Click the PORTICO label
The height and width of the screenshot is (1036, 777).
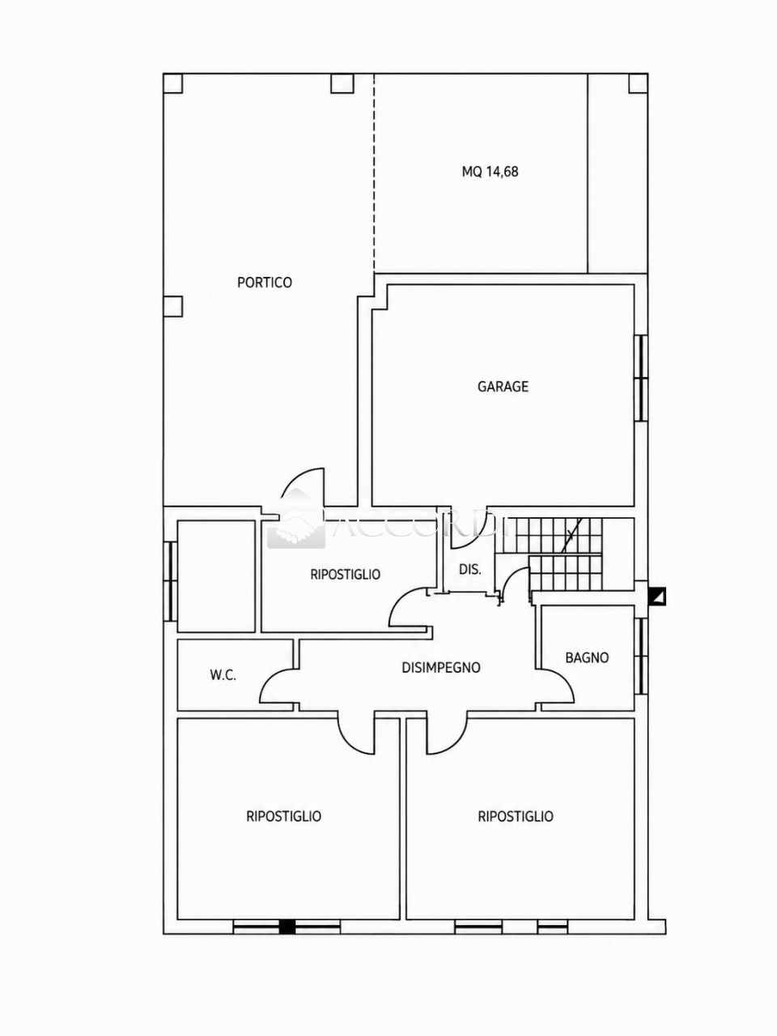[x=264, y=282]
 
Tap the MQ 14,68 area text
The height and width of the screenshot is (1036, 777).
[x=490, y=172]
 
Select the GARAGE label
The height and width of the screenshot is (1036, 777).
[x=503, y=387]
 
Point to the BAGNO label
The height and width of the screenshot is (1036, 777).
[x=587, y=657]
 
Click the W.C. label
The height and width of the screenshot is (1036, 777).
[x=223, y=675]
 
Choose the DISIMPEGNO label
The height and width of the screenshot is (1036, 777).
[x=441, y=668]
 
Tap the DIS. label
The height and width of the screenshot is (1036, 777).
[x=470, y=570]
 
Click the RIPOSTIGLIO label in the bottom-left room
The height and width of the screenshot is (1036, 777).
[x=283, y=816]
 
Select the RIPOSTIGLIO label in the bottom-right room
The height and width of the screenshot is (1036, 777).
[x=516, y=816]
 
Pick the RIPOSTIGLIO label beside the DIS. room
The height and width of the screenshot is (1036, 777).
[x=346, y=575]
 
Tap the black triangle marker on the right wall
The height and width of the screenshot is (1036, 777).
[x=658, y=597]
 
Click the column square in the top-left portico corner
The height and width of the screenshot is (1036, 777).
[x=172, y=83]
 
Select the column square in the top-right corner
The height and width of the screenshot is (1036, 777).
[x=638, y=83]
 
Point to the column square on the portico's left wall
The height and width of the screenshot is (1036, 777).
[x=172, y=306]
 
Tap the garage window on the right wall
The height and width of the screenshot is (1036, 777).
[x=641, y=378]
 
